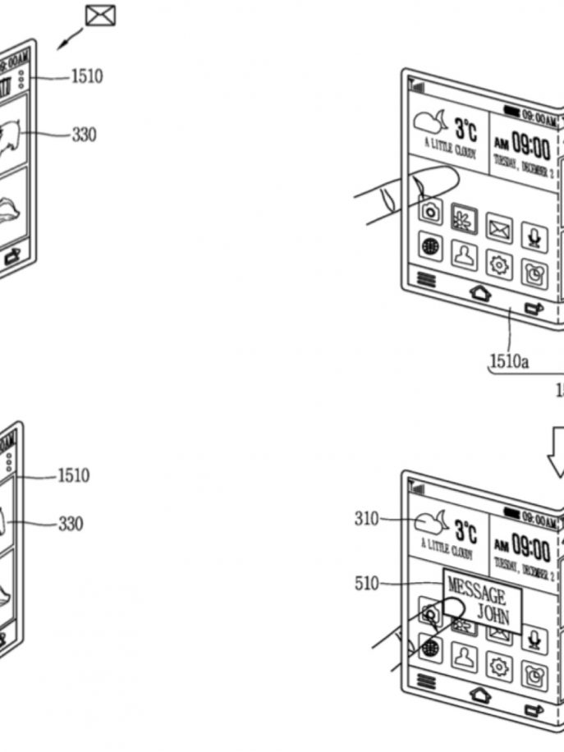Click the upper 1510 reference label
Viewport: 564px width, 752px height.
(86, 76)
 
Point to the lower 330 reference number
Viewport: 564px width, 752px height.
(71, 523)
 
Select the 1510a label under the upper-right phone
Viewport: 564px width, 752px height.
(509, 360)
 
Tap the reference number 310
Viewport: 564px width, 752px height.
(366, 519)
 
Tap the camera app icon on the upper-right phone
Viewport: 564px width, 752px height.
(431, 211)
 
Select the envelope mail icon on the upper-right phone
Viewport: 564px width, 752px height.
(498, 228)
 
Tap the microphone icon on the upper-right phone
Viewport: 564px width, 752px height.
(534, 237)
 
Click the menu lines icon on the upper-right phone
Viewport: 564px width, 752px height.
(426, 279)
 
